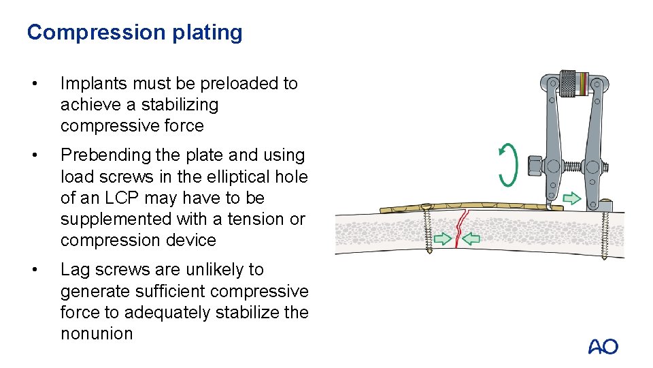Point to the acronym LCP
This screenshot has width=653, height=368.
[x=116, y=198]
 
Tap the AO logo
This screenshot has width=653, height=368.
[x=603, y=346]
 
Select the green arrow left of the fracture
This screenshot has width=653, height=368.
[x=443, y=239]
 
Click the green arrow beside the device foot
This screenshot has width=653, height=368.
[x=572, y=198]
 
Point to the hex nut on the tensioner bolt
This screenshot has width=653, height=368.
[x=534, y=165]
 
